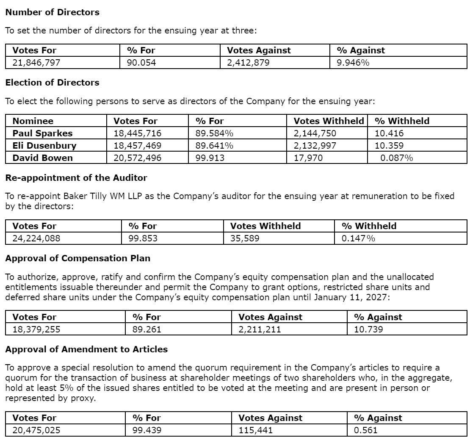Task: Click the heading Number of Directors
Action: click(52, 12)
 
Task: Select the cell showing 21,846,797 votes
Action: click(36, 63)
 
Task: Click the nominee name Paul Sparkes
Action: click(42, 133)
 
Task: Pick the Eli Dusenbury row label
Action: click(44, 146)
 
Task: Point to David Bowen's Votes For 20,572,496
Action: click(137, 158)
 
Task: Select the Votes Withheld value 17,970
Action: click(308, 158)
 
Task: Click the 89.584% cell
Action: click(214, 133)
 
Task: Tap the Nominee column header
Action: click(33, 121)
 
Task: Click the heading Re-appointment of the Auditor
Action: click(76, 177)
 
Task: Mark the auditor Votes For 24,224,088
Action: click(36, 238)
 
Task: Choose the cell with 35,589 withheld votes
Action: click(245, 238)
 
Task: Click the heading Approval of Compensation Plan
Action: click(77, 258)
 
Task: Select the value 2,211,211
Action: click(260, 329)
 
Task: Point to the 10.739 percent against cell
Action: click(368, 329)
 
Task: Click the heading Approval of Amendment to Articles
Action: click(86, 349)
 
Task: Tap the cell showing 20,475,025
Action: click(36, 430)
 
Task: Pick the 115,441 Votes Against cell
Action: click(256, 430)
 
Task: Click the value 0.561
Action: click(365, 430)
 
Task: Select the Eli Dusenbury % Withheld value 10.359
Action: click(389, 146)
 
